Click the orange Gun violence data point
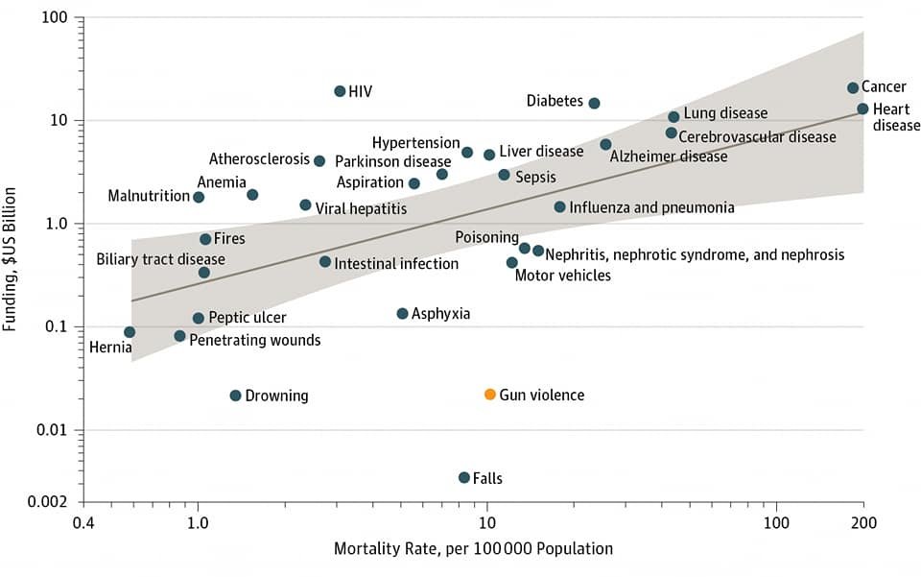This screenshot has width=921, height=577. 490,395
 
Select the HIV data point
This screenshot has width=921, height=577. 340,91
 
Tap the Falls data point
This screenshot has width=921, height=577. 464,477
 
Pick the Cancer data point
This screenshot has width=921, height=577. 853,88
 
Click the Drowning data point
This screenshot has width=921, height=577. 235,396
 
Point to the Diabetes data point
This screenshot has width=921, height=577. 594,103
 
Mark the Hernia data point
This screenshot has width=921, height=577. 130,332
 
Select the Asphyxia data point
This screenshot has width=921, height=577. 402,314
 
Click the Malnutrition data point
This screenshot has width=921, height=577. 199,197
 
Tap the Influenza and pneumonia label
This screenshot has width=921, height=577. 651,207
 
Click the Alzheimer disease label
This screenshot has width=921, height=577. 669,156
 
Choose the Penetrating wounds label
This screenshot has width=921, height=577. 254,340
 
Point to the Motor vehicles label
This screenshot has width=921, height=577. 562,276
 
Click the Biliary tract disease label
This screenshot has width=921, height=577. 160,259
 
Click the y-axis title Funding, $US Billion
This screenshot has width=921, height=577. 12,259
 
